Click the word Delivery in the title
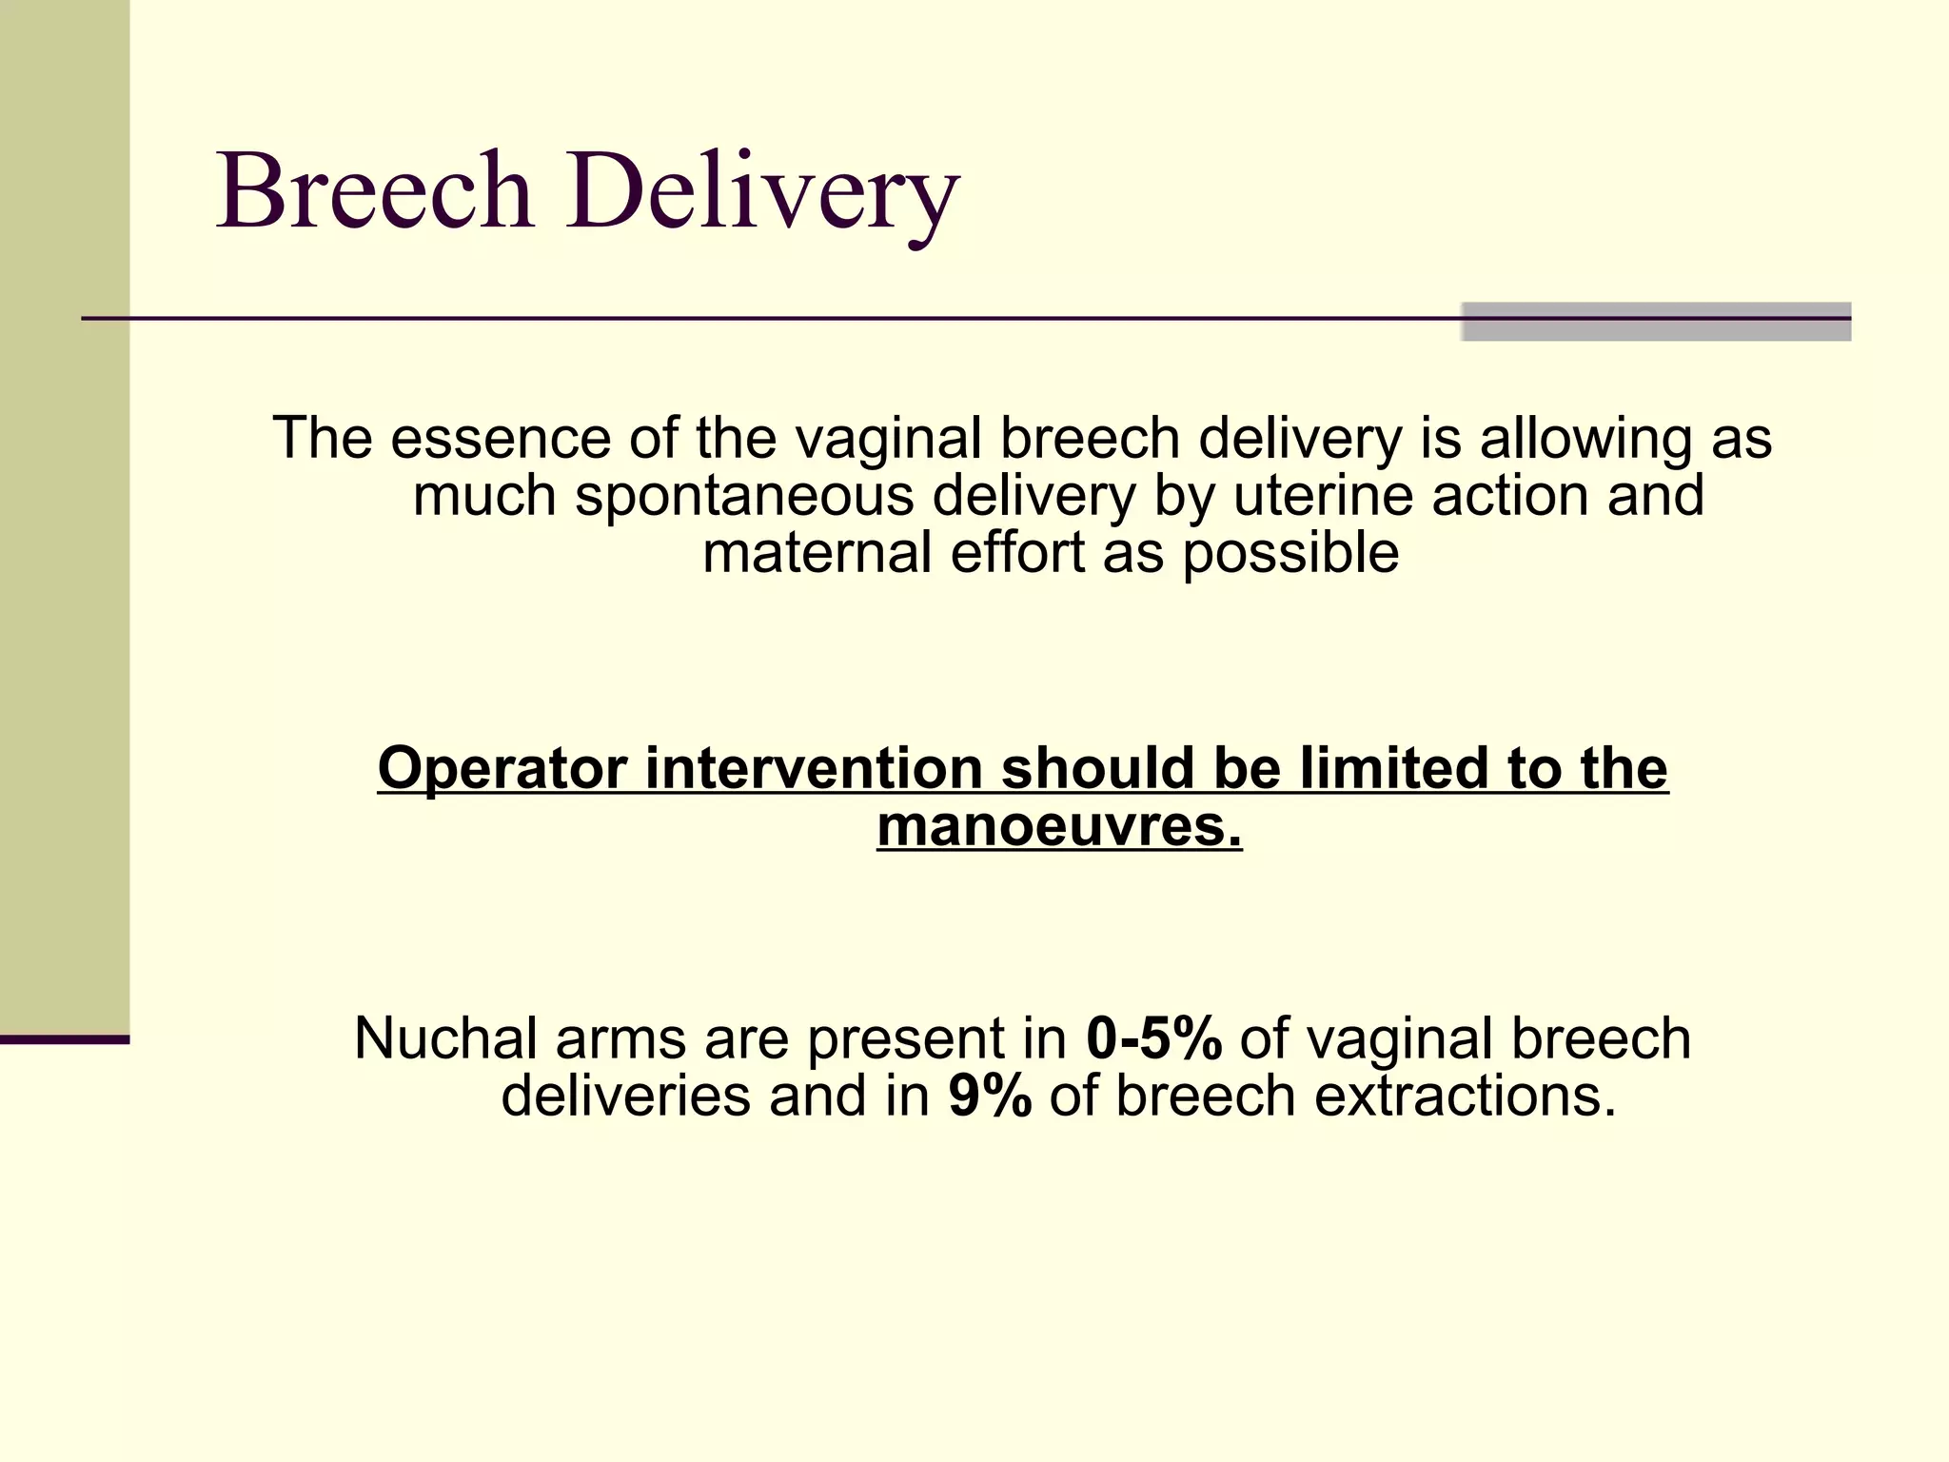(762, 195)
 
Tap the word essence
(500, 439)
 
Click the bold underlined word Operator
(502, 769)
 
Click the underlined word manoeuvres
(1059, 825)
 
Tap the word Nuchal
(445, 1037)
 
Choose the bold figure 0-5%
(1153, 1037)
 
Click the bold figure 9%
(990, 1096)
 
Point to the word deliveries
(626, 1096)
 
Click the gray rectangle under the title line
(1656, 322)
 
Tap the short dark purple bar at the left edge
(65, 1039)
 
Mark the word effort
(1017, 553)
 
